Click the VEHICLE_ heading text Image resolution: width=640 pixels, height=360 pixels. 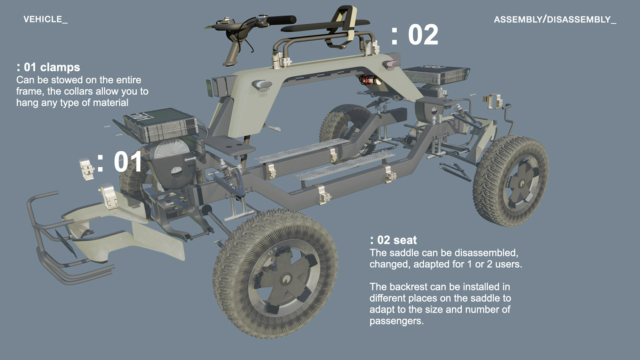pos(45,19)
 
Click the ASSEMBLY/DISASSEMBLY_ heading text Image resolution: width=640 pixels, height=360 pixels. pos(555,20)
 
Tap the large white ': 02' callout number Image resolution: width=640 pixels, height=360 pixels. pos(415,35)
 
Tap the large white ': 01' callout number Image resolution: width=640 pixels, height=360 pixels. pos(120,162)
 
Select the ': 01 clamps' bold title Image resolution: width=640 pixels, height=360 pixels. pos(48,67)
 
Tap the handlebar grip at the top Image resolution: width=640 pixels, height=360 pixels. pos(280,20)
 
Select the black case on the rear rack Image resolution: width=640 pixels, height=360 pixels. pos(435,74)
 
